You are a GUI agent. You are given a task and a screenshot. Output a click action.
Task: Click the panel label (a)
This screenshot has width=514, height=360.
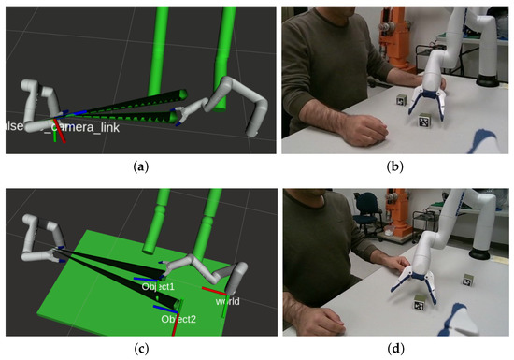(141, 167)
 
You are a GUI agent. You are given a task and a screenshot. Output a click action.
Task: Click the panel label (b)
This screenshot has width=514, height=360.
(395, 167)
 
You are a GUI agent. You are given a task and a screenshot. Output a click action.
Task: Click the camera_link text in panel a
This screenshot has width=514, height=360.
(85, 126)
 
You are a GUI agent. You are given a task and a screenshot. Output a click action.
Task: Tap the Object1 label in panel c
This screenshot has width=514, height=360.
(158, 286)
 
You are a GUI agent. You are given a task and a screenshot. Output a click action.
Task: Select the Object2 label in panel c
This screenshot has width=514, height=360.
(178, 319)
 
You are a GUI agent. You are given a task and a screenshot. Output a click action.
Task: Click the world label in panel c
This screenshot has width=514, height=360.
(227, 302)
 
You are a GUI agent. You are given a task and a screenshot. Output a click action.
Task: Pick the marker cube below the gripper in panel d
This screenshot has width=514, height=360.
(421, 301)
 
